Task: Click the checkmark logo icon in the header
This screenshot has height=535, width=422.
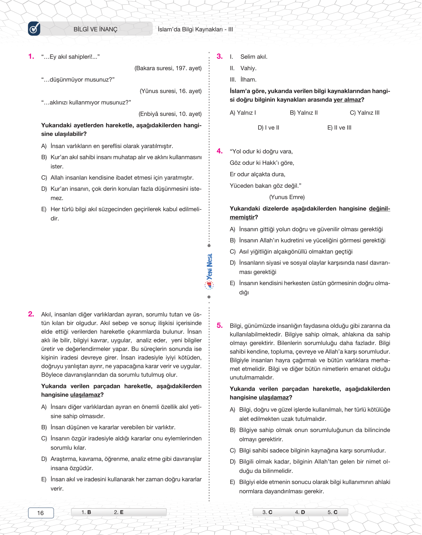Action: point(34,29)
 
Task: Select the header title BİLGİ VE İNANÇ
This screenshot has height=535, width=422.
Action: point(95,29)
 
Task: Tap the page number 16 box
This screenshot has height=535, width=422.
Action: point(41,513)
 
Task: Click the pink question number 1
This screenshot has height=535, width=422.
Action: point(31,56)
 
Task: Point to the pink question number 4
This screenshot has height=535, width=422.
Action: point(219,151)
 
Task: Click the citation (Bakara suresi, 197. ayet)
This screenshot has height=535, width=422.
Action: point(168,68)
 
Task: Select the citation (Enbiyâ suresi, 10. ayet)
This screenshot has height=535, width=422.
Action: point(170,114)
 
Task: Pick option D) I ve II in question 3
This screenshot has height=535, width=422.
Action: point(268,128)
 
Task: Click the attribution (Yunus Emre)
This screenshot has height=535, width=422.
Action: point(287,197)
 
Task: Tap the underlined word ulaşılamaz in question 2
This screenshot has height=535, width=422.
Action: point(85,395)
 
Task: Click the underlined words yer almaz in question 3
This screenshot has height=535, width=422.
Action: point(347,100)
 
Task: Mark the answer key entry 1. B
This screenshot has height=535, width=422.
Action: point(86,512)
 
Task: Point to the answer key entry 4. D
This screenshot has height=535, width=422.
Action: point(300,512)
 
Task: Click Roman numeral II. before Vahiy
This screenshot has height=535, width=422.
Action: point(232,68)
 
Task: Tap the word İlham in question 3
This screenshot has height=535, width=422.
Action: point(248,80)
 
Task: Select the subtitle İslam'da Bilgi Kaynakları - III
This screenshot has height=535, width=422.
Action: point(195,29)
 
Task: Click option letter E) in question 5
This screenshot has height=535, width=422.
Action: point(232,482)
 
